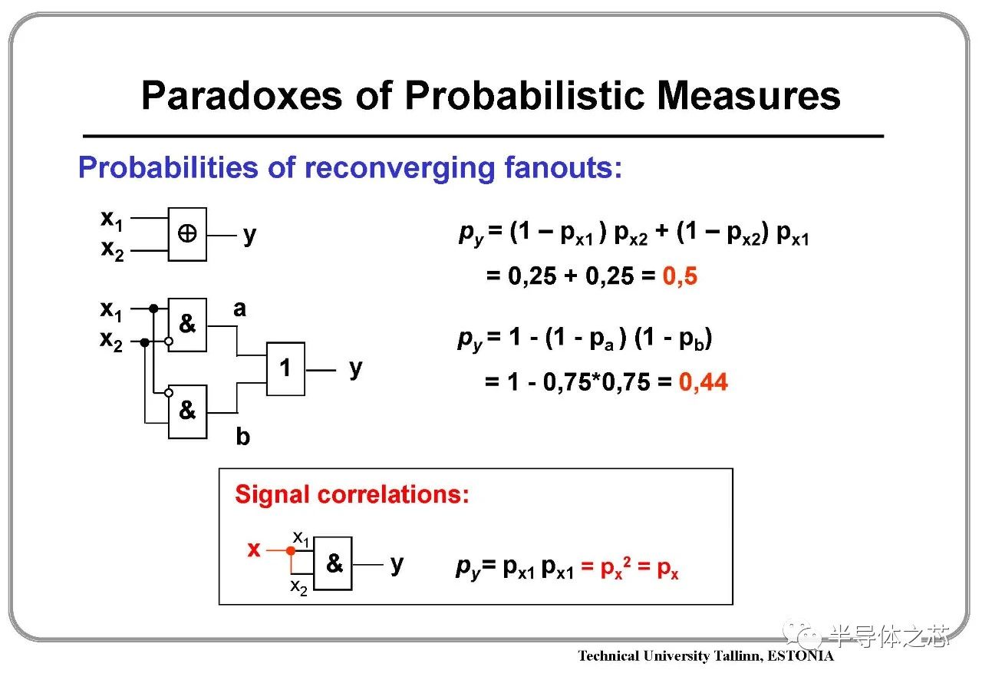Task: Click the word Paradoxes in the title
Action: click(242, 95)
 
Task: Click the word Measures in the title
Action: click(748, 95)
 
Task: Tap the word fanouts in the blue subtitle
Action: click(563, 167)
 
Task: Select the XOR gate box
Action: click(187, 234)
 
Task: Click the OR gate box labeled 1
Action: click(285, 368)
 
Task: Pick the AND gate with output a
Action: click(187, 325)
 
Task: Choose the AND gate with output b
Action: click(187, 411)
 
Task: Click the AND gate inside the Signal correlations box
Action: click(333, 563)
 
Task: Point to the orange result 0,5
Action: click(680, 276)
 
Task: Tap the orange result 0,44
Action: click(704, 382)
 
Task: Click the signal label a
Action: click(239, 309)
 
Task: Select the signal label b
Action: click(243, 437)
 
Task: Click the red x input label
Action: click(254, 550)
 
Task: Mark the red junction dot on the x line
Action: click(291, 550)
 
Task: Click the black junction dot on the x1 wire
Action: click(153, 309)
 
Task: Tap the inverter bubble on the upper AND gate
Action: click(168, 342)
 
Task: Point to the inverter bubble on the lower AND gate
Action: click(168, 393)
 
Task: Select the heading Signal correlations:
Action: click(352, 494)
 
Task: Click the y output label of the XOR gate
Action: click(250, 236)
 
